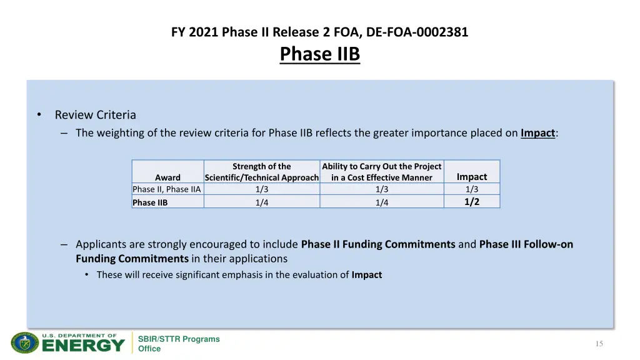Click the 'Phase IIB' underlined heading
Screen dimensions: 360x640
(x=320, y=54)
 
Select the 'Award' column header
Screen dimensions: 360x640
(x=167, y=177)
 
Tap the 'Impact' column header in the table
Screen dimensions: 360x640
(x=472, y=177)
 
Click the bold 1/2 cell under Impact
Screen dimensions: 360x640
(x=472, y=201)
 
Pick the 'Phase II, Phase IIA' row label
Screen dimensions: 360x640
(x=167, y=189)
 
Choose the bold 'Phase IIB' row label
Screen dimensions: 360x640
(x=150, y=202)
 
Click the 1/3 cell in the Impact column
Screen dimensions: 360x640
(x=472, y=189)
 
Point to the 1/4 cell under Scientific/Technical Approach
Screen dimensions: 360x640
(x=262, y=202)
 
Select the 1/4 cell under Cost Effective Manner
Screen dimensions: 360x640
(x=382, y=202)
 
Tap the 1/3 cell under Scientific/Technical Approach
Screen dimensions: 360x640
(x=262, y=189)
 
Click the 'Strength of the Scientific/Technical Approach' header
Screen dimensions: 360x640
(x=262, y=172)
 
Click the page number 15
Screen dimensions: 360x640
(x=599, y=344)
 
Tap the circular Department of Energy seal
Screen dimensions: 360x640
(x=25, y=343)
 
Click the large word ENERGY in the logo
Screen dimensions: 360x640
(x=83, y=346)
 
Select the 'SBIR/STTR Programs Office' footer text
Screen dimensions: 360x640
(x=179, y=344)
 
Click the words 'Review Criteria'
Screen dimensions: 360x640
(x=95, y=115)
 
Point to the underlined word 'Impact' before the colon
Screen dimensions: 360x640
(x=537, y=132)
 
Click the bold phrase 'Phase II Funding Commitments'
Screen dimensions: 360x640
(x=378, y=244)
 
